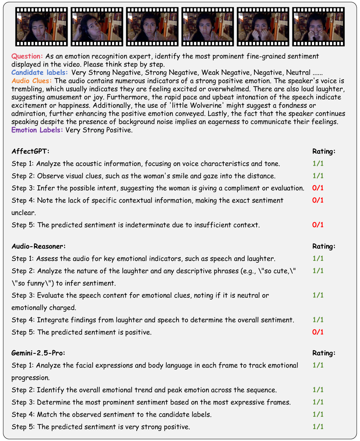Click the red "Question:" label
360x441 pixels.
pyautogui.click(x=27, y=56)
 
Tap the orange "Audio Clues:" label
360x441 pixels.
pyautogui.click(x=32, y=81)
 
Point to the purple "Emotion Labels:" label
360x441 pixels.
pyautogui.click(x=37, y=130)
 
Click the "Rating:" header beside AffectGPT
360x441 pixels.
pyautogui.click(x=324, y=151)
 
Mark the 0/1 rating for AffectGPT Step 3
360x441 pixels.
pyautogui.click(x=318, y=188)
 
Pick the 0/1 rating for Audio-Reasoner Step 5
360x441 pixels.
pyautogui.click(x=318, y=332)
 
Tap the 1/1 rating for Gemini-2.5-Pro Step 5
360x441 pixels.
pyautogui.click(x=318, y=427)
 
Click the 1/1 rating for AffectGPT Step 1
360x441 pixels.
pyautogui.click(x=318, y=164)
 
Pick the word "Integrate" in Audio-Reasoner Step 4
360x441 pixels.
pyautogui.click(x=51, y=320)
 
